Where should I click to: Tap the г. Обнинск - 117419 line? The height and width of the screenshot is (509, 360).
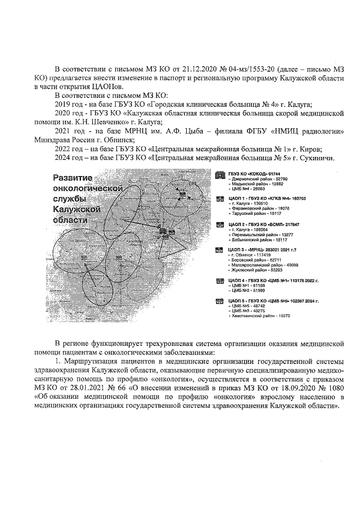point(247,255)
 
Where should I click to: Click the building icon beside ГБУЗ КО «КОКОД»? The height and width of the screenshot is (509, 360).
point(220,174)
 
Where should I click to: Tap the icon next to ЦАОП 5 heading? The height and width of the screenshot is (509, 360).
point(220,301)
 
